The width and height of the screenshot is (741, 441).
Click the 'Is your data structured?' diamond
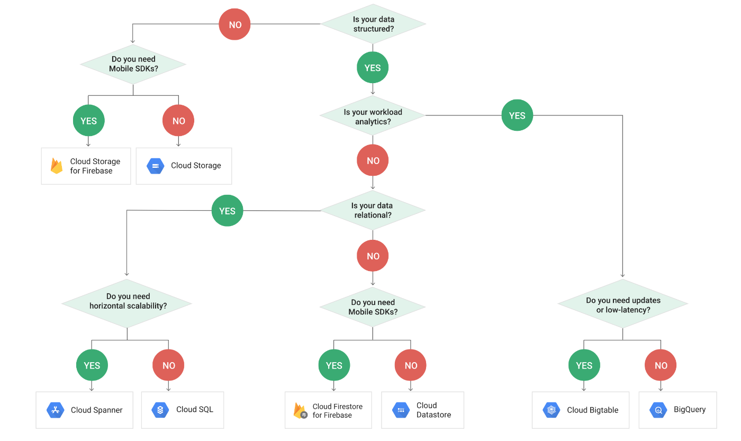coord(373,24)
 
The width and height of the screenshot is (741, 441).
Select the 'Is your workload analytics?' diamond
coord(373,115)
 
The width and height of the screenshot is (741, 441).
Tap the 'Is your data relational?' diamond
coord(373,210)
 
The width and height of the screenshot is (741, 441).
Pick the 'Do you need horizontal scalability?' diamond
coord(127,303)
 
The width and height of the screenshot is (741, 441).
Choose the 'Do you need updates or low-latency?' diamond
coord(623,304)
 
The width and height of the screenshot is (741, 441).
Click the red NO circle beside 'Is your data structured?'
coord(235,24)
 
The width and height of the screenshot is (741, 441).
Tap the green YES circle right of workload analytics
coord(518,115)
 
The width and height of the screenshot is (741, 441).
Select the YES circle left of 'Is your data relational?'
coord(227,210)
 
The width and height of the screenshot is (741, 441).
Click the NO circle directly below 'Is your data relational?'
coord(373,256)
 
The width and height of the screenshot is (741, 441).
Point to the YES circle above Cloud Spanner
coord(92,365)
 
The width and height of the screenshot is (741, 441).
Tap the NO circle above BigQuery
coord(661,365)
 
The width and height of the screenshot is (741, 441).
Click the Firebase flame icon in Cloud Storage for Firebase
coord(57,166)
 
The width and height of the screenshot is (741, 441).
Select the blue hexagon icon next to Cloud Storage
coord(156,166)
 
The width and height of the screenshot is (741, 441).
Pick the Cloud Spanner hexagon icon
coord(56,410)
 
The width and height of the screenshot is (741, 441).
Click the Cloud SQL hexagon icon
coord(160,410)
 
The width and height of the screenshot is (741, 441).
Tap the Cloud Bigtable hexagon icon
coord(552,410)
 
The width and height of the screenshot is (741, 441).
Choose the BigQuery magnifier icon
coord(658,410)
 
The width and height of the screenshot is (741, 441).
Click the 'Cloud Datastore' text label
coord(433,410)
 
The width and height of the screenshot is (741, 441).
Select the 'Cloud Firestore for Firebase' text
coord(338,411)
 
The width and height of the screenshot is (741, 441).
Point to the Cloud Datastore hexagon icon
coord(401,410)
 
